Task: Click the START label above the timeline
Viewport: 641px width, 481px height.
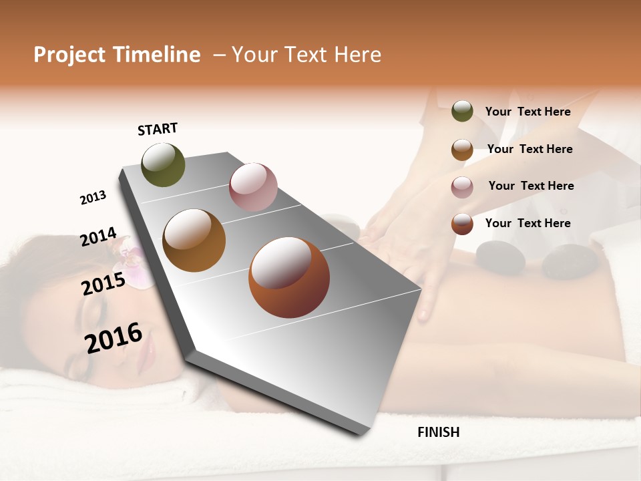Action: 158,129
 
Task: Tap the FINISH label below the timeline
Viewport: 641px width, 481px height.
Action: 438,432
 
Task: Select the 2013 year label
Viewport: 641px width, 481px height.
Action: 93,198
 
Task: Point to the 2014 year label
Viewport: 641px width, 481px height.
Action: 98,237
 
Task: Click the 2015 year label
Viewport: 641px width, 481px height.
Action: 103,284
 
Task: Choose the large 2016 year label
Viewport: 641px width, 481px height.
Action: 114,337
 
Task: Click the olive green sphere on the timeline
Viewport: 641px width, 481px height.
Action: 164,165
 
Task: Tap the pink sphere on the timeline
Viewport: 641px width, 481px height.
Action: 253,187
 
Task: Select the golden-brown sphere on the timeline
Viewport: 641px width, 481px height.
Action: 194,240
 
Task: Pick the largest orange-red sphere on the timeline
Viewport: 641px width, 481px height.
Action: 289,277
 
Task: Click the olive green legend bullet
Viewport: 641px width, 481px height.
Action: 462,112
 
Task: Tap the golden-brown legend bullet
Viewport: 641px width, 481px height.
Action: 462,150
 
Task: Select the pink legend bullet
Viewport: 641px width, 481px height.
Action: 462,187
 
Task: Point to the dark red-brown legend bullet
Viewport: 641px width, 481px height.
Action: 462,224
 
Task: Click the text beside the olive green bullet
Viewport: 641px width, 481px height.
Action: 527,112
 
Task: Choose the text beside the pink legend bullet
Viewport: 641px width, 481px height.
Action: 531,186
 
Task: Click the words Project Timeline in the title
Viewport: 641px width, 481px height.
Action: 117,55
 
